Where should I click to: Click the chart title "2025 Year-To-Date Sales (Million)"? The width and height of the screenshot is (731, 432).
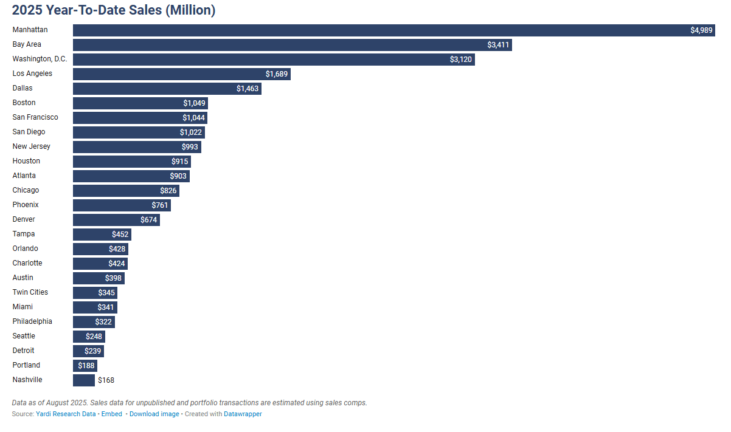(x=114, y=10)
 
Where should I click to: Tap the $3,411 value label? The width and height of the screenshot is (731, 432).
(x=498, y=45)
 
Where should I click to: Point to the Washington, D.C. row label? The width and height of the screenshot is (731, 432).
(x=40, y=59)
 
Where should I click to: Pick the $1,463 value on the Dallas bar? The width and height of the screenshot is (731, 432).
(x=248, y=89)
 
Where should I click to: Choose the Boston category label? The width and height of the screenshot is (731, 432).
(x=24, y=103)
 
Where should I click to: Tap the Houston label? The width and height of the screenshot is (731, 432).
(x=26, y=161)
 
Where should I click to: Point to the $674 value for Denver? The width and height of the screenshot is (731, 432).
(x=148, y=220)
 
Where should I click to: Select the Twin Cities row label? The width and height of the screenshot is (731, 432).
(x=30, y=292)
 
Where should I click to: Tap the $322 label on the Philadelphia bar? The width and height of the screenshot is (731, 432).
(x=103, y=322)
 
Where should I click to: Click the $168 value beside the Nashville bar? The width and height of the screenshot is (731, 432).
(x=106, y=380)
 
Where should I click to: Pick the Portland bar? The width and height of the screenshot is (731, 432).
(x=85, y=366)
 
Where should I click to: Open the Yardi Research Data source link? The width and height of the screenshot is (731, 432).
(x=66, y=414)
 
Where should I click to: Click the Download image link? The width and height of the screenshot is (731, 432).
(x=154, y=414)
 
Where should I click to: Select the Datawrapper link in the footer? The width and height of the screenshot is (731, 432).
(x=243, y=414)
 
